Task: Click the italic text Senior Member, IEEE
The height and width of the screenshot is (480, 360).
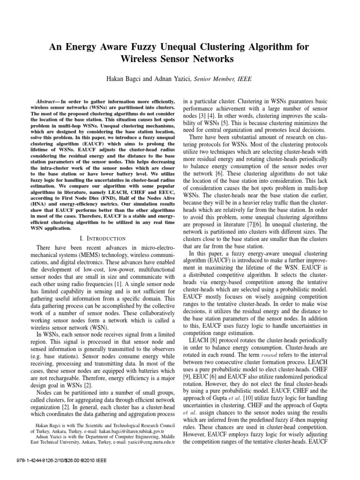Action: (223, 80)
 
